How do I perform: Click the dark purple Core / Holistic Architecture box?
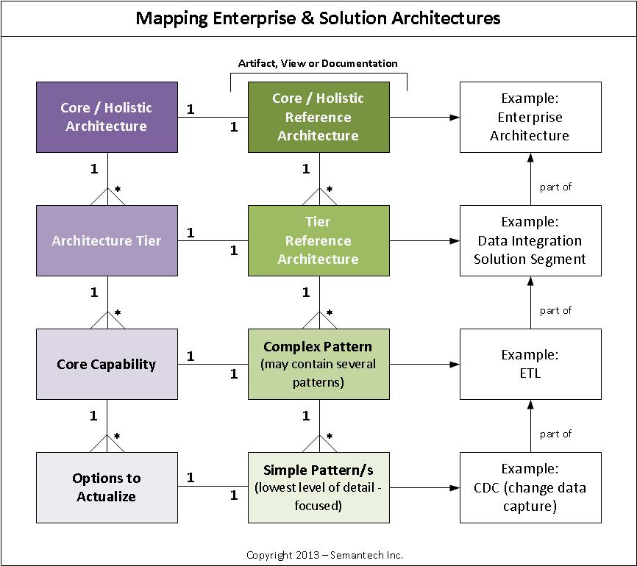107,117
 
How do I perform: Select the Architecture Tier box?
107,240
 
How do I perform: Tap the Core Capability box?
107,364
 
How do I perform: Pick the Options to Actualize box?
107,487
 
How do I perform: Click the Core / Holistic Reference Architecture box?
318,117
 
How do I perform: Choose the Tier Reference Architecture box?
318,240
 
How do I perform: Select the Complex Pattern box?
318,364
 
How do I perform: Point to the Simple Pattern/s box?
318,487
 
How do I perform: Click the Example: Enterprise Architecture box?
530,117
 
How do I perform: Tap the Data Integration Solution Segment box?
530,240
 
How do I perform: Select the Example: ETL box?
530,364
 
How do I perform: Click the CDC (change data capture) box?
530,487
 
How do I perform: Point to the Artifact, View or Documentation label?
318,63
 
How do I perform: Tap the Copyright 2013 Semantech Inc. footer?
324,555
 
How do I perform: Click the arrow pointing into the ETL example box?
455,364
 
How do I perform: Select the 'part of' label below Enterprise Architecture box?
555,187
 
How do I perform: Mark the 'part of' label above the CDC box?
555,434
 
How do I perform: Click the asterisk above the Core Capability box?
117,313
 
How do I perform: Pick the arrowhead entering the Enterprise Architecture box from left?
455,117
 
